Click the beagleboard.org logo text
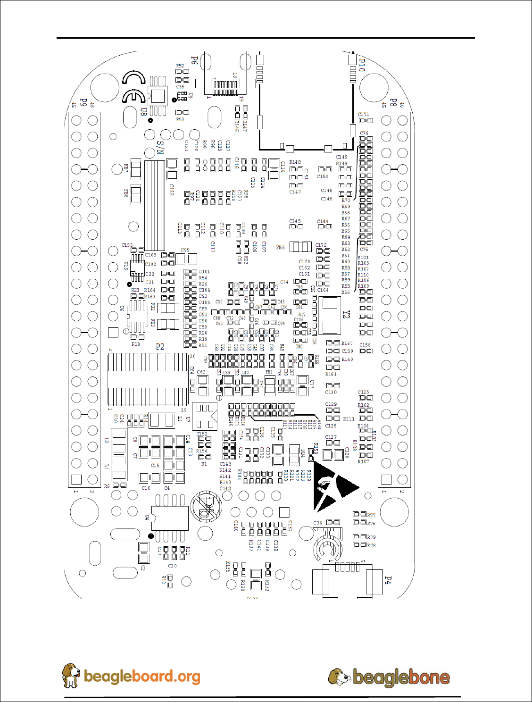click(x=141, y=676)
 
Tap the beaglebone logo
click(x=401, y=677)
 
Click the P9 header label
click(x=83, y=102)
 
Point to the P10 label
click(x=362, y=65)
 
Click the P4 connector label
click(x=388, y=580)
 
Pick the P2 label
click(x=160, y=347)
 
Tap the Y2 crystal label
click(x=346, y=314)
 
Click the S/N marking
click(x=160, y=148)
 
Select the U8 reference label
click(x=143, y=112)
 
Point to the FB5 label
click(x=280, y=247)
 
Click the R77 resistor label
click(x=371, y=516)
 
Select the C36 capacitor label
click(x=318, y=523)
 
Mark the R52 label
click(x=180, y=66)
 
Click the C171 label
click(x=363, y=114)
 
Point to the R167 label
click(x=347, y=343)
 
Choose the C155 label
click(x=127, y=245)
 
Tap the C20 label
click(x=172, y=566)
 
